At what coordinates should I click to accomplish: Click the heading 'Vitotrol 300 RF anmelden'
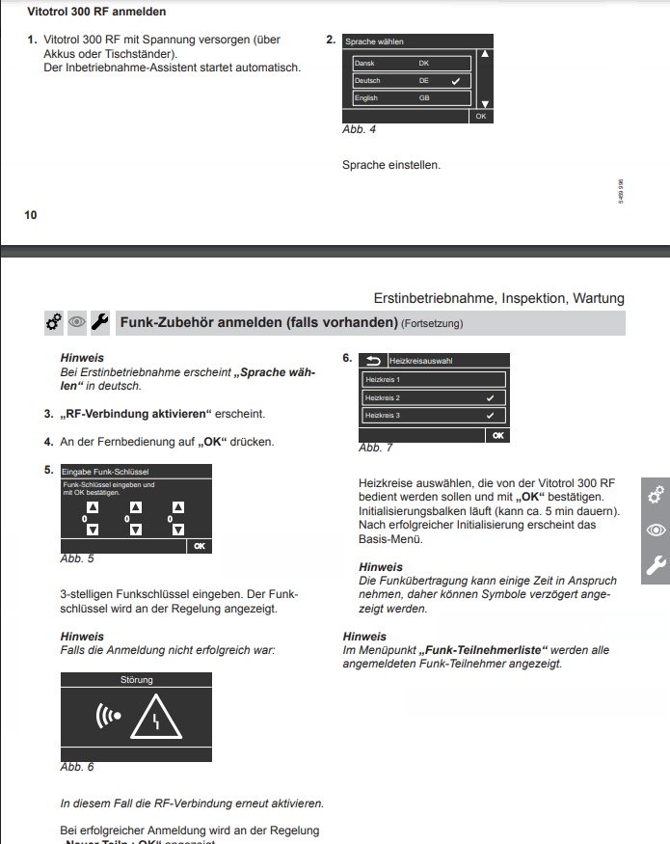tap(96, 12)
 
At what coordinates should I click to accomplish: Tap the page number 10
tap(31, 214)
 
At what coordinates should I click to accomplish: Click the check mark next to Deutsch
tap(455, 81)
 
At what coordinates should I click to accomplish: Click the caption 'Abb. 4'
tap(359, 129)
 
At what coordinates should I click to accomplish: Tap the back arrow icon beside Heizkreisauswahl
tap(373, 361)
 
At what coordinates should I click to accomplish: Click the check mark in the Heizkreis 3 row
tap(491, 416)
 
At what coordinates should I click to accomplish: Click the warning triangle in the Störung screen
tap(162, 718)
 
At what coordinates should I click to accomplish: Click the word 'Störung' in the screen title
tap(136, 680)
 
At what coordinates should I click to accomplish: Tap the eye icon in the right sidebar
tap(656, 531)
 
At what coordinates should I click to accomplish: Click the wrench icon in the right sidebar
tap(656, 566)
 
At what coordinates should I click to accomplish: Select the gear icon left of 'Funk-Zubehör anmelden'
tap(54, 322)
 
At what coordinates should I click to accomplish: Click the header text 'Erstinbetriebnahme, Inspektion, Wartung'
tap(498, 298)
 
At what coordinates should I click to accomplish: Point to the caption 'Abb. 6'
tap(77, 767)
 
